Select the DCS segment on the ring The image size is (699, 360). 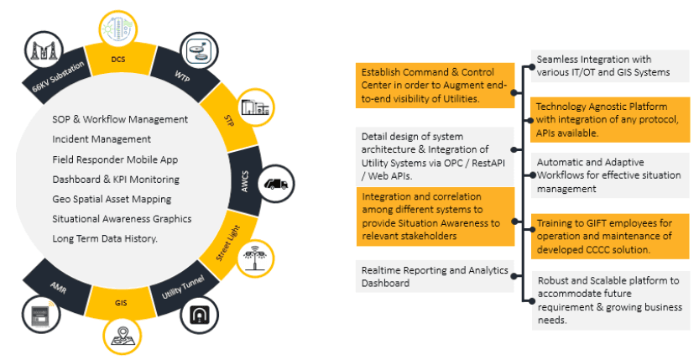[x=118, y=60]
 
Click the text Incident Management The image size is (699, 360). [x=102, y=139]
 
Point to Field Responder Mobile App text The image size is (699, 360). [x=114, y=159]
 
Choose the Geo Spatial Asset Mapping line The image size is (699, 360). [x=112, y=199]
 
